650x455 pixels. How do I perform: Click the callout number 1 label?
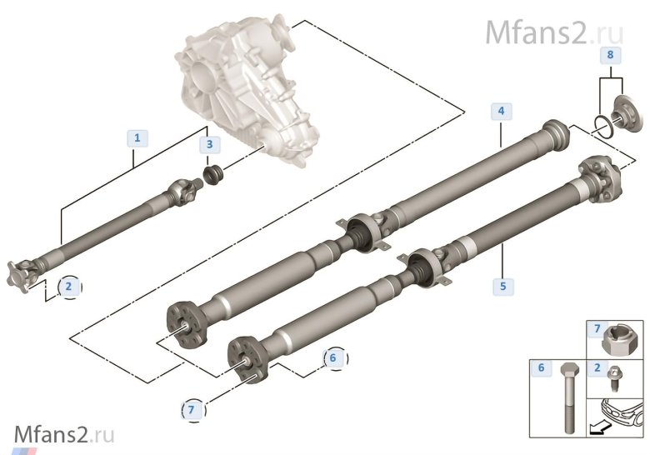pyautogui.click(x=137, y=137)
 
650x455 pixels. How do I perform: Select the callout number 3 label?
pyautogui.click(x=209, y=144)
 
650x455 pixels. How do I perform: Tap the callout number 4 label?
pyautogui.click(x=501, y=111)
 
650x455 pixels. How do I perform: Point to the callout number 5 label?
pyautogui.click(x=502, y=286)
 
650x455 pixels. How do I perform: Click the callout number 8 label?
pyautogui.click(x=610, y=54)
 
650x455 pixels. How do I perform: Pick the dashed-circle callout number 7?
pyautogui.click(x=191, y=410)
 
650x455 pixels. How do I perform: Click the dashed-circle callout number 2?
pyautogui.click(x=69, y=287)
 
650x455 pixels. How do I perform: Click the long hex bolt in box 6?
pyautogui.click(x=568, y=397)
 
